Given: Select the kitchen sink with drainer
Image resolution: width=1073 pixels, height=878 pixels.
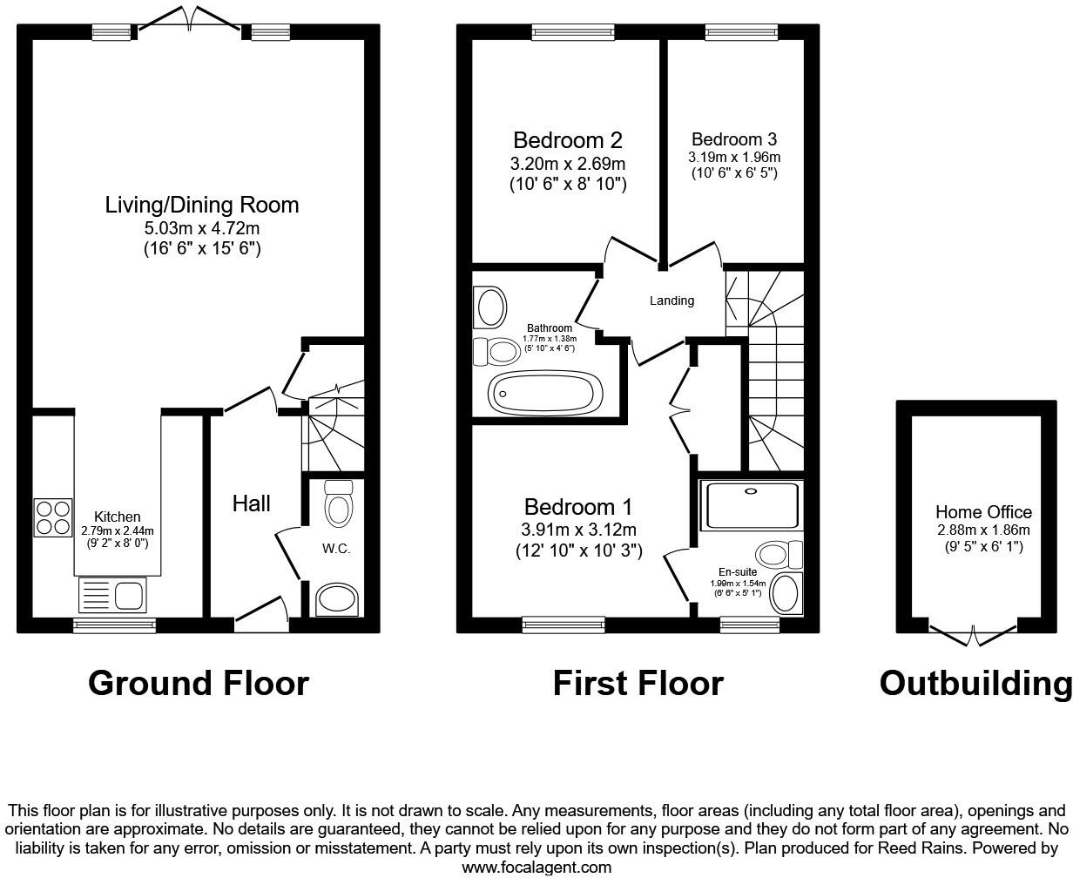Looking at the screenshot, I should [x=114, y=597].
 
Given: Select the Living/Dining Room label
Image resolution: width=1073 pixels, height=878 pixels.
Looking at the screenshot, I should [x=202, y=205].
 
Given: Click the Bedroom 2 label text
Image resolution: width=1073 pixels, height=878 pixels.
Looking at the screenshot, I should [x=567, y=140].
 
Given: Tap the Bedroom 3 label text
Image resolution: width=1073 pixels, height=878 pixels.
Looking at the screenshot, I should [x=734, y=139].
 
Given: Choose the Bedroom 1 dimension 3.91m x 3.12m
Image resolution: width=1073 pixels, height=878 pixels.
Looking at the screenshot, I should [x=578, y=530].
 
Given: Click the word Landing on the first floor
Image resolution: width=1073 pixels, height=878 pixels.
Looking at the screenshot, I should [x=671, y=301].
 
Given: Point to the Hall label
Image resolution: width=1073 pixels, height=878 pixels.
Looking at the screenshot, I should [x=251, y=503].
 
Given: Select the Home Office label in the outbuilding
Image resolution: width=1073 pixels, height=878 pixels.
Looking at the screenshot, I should [x=983, y=512].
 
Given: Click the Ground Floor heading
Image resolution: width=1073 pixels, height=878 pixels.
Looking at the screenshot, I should [x=199, y=683].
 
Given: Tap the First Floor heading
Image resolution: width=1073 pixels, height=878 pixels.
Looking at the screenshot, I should [x=638, y=683].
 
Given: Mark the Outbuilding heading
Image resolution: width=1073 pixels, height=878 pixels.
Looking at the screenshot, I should [x=975, y=683].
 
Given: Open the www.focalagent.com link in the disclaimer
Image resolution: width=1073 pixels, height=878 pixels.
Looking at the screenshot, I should [x=536, y=868].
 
